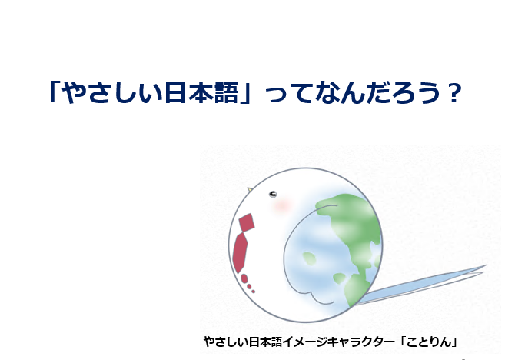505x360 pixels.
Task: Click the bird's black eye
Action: [273, 194]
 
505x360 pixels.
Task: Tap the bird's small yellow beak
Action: [249, 189]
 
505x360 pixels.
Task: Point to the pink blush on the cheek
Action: [283, 205]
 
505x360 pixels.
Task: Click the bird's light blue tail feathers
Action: [422, 285]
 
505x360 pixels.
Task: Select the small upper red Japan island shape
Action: [247, 222]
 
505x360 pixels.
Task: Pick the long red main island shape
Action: [240, 253]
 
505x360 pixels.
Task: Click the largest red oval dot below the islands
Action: [244, 278]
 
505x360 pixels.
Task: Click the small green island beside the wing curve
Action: [309, 258]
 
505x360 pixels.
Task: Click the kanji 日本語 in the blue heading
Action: [201, 93]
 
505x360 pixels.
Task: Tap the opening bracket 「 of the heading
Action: [54, 92]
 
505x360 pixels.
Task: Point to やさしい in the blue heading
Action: [112, 93]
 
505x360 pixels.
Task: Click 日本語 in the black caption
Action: [266, 342]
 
